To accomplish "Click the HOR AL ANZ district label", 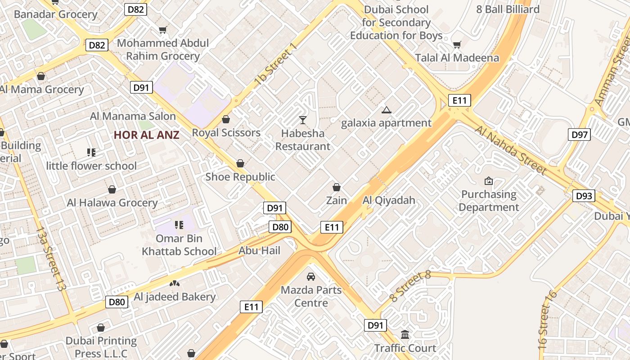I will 146,135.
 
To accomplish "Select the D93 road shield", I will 584,196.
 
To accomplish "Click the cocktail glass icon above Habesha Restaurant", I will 302,120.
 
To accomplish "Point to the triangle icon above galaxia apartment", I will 386,110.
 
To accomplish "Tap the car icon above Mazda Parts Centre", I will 310,276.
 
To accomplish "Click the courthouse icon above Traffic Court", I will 405,335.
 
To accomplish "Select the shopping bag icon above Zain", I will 336,187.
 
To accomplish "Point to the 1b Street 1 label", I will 276,65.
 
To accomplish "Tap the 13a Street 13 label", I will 50,259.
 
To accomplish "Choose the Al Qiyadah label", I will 389,200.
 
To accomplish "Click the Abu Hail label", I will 259,251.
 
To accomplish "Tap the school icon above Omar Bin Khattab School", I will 179,224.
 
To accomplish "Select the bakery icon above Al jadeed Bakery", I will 174,283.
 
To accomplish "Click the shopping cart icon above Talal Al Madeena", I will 457,45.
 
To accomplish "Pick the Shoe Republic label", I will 240,177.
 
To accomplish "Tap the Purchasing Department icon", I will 488,181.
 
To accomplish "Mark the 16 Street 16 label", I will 548,320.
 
